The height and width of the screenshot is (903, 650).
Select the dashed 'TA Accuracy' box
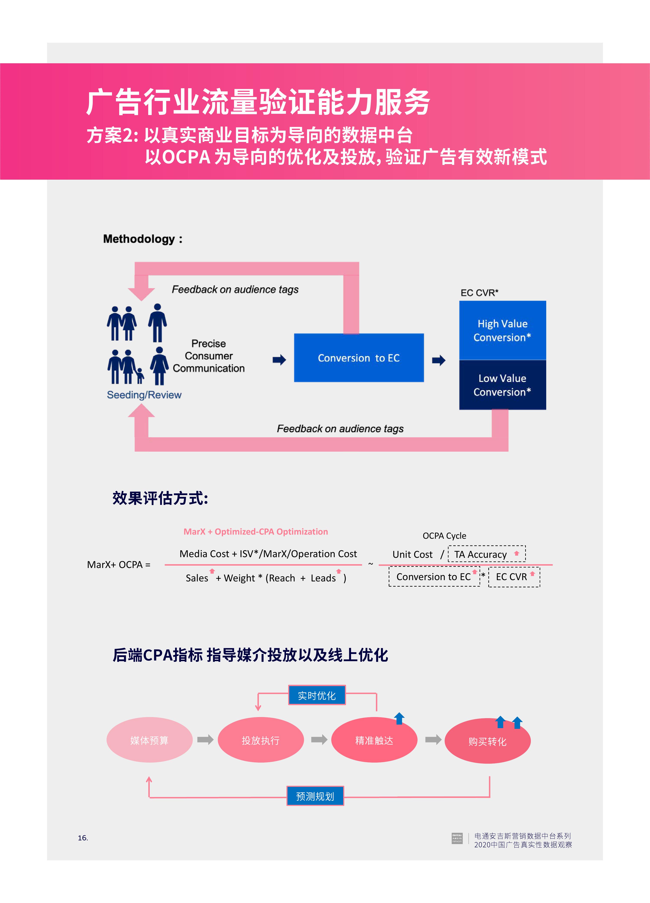click(x=486, y=554)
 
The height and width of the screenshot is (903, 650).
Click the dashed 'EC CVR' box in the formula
click(x=514, y=576)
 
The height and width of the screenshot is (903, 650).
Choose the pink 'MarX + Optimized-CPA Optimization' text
click(x=255, y=532)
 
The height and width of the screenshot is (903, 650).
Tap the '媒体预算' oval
click(x=149, y=740)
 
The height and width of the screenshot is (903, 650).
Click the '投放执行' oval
click(x=261, y=740)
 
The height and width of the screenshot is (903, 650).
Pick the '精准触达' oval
click(x=374, y=740)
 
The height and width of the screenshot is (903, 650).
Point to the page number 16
click(x=83, y=838)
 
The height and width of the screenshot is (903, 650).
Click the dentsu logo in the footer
click(x=457, y=838)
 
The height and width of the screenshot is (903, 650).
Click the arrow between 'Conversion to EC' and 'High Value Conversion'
click(x=439, y=360)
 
